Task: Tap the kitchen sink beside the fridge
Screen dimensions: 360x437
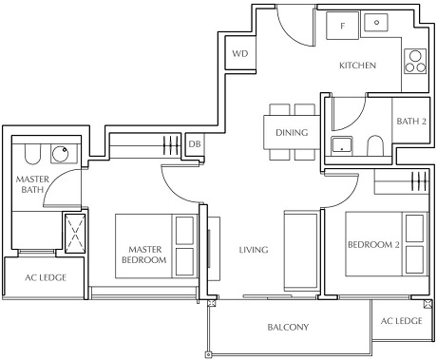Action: [377, 24]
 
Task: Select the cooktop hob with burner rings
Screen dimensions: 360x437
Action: [415, 61]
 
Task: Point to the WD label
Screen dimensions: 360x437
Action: [238, 55]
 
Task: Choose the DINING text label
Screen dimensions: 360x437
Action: [292, 132]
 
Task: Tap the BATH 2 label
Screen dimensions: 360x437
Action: [411, 121]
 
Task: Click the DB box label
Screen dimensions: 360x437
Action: [195, 143]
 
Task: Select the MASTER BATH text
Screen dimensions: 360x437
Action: [32, 184]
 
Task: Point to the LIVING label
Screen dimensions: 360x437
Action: [253, 250]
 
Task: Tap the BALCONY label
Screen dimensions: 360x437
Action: [289, 328]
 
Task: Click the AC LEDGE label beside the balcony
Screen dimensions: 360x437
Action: [401, 321]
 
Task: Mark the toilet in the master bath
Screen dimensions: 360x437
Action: [27, 153]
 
